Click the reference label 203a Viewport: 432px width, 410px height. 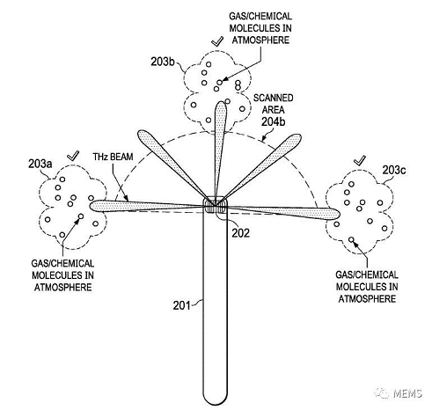point(40,164)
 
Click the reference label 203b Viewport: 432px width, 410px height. point(163,62)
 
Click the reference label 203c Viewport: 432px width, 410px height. point(394,170)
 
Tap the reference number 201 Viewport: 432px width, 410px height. point(181,305)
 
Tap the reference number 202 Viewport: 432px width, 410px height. point(241,233)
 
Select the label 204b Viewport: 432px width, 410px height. point(273,121)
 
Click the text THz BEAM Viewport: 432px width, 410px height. point(113,157)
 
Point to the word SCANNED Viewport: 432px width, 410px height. point(273,98)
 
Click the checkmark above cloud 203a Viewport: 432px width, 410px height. point(73,156)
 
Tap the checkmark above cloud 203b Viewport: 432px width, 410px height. point(217,41)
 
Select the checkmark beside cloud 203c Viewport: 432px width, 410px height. point(360,160)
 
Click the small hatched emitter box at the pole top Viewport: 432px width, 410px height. point(216,205)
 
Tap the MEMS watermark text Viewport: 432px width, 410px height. point(407,393)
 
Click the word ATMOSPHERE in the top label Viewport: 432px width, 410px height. point(260,40)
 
